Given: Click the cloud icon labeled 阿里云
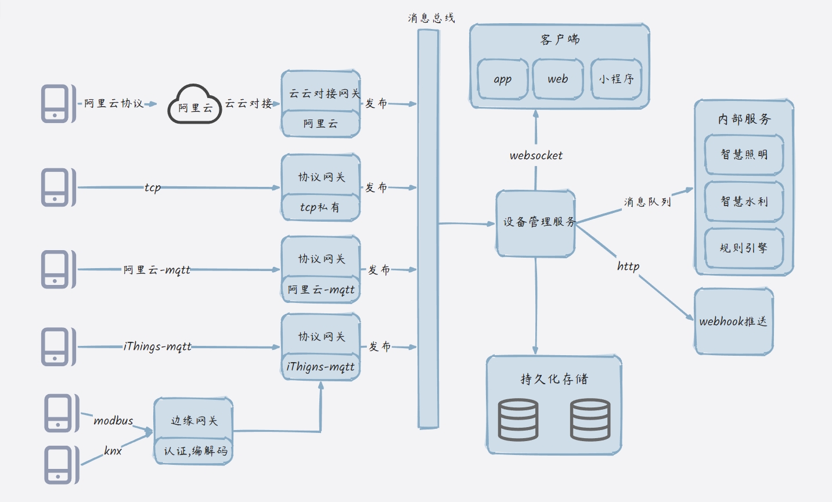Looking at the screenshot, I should pos(195,104).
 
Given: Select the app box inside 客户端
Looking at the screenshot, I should pos(503,80).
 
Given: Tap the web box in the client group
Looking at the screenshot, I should pos(557,79).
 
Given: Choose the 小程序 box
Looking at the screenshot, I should pos(616,79).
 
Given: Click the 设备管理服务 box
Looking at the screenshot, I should pos(535,223).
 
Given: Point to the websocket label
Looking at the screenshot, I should pos(536,156).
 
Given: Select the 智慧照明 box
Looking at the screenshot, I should pos(744,154).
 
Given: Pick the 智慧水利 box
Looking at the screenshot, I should pos(744,201).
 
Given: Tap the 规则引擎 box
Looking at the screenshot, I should pos(744,248).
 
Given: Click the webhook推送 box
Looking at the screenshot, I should pos(733,322).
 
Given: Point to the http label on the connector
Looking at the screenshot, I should pos(628,266).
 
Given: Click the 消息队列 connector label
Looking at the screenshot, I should pos(647,202).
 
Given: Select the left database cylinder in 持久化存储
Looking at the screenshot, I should pos(518,420).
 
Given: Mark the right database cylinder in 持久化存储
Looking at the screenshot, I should pos(590,420).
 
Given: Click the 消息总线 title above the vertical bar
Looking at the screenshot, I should pos(431,18).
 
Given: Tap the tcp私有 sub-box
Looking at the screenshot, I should pos(320,207).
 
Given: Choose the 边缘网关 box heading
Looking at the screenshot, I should pos(194,421).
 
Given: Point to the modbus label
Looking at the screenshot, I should pos(113,421).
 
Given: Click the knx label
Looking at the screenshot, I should pos(113,451).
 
